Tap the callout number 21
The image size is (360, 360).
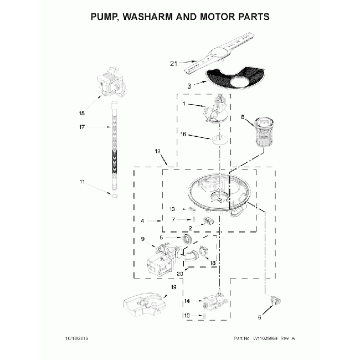[174, 64]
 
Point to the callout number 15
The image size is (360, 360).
[82, 114]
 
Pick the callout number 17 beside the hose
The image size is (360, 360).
[82, 128]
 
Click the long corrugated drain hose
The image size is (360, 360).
[114, 144]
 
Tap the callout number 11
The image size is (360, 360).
[82, 182]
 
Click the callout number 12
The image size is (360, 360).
[157, 151]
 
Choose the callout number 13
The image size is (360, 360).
[172, 209]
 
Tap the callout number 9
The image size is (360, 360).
[142, 239]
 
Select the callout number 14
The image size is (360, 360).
[187, 301]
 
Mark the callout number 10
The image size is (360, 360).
[187, 315]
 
